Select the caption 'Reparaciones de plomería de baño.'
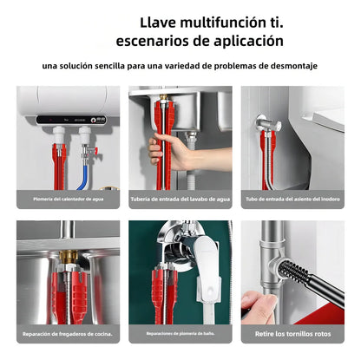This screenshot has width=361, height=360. click(180, 333)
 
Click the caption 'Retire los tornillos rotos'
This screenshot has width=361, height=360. click(292, 333)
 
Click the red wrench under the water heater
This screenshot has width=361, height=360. click(60, 160)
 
